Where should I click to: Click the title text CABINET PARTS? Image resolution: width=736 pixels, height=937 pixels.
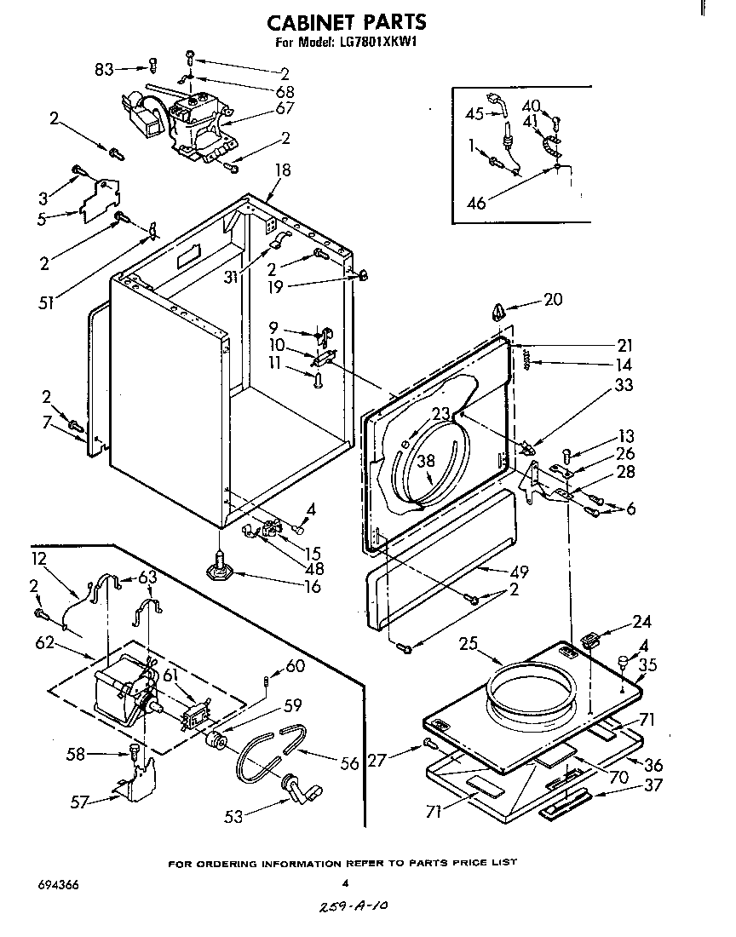tap(346, 22)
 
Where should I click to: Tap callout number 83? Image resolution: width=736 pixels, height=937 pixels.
tap(105, 69)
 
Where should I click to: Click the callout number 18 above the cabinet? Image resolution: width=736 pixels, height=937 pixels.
tap(282, 170)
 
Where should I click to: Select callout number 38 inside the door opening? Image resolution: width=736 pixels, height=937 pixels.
tap(425, 461)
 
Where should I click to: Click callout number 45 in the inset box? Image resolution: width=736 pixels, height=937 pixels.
tap(474, 113)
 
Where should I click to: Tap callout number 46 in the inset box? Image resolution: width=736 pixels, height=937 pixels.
tap(477, 203)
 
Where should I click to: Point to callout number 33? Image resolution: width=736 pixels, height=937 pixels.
tap(624, 385)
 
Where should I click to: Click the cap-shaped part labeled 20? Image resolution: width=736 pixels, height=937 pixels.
tap(498, 312)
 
